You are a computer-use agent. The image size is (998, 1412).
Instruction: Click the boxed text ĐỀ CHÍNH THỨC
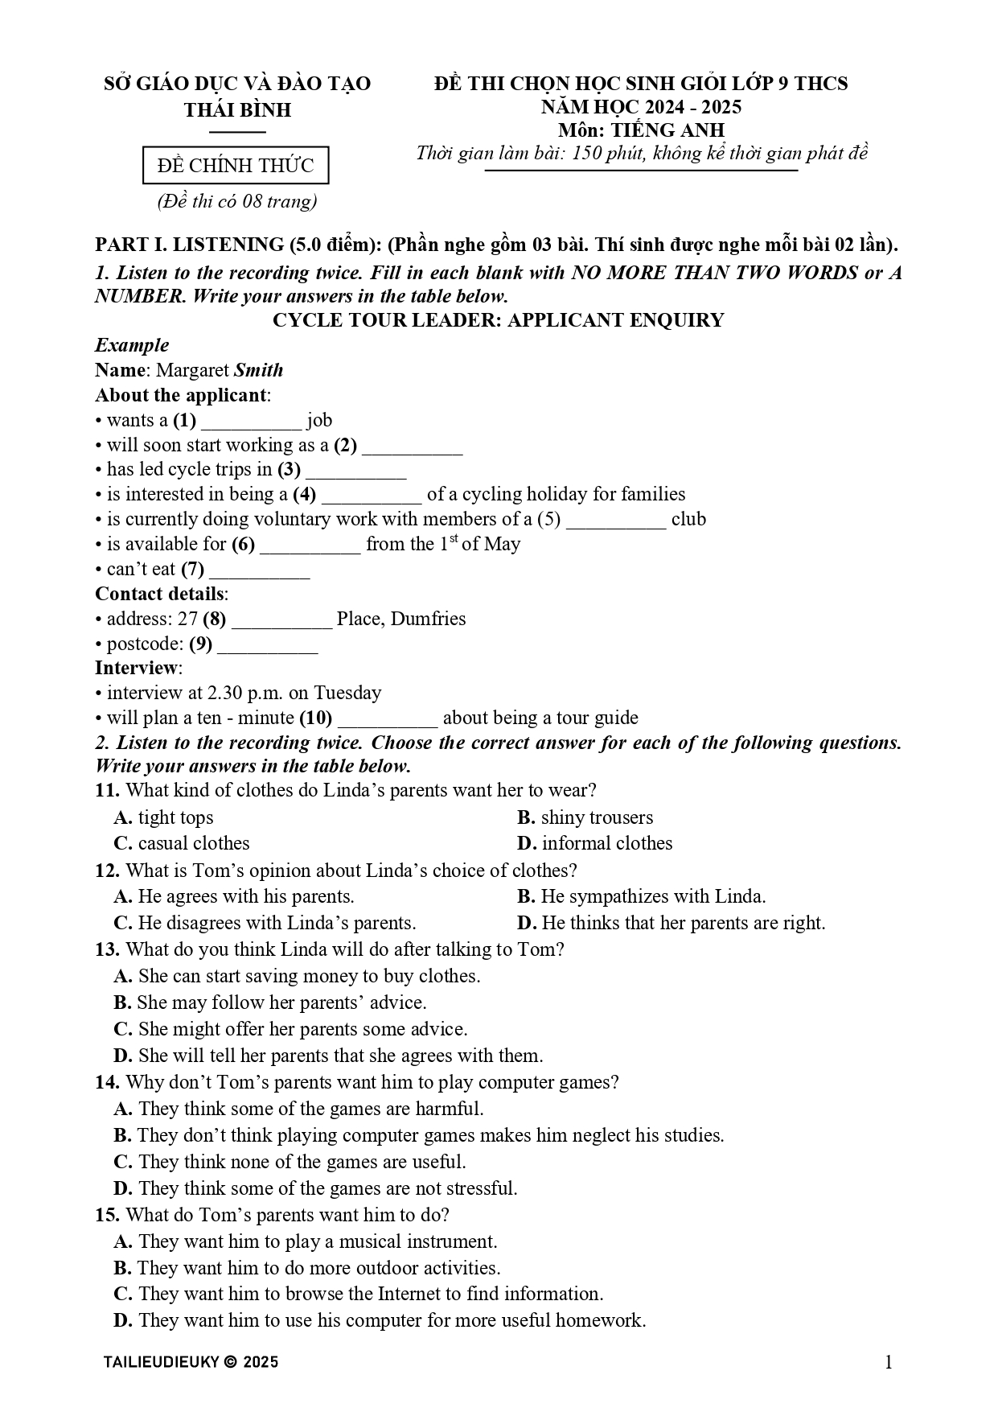click(x=236, y=166)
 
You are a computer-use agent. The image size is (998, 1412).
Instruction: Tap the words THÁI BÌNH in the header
click(x=237, y=109)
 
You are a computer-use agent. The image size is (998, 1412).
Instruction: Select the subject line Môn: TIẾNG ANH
click(x=641, y=130)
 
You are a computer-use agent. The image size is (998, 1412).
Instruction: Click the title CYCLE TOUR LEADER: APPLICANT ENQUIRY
click(x=498, y=320)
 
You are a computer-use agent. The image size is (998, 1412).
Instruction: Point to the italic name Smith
click(x=258, y=370)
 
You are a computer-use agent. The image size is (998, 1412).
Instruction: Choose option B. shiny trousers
click(x=585, y=817)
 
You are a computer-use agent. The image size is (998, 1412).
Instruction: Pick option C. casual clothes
click(x=182, y=843)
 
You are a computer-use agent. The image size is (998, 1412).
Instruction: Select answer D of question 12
click(x=671, y=923)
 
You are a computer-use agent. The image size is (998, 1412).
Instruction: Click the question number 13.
click(x=107, y=949)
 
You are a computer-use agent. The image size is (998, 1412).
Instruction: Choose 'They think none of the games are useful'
click(x=290, y=1162)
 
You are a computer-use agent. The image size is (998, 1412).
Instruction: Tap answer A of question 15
click(x=306, y=1241)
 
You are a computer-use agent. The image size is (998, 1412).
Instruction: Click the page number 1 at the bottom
click(x=889, y=1362)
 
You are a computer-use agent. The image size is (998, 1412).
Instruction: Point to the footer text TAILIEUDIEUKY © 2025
click(x=191, y=1362)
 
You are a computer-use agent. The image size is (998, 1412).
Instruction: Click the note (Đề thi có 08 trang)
click(x=236, y=201)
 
